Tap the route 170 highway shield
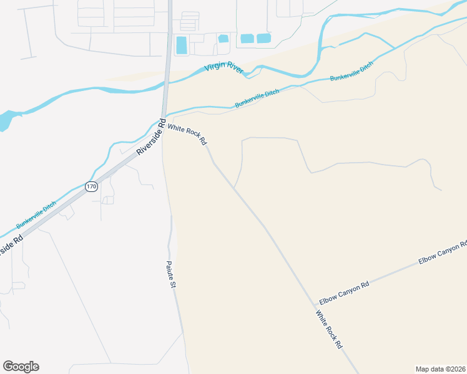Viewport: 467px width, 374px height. [92, 186]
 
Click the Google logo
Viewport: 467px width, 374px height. [21, 367]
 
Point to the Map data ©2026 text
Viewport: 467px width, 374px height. [441, 368]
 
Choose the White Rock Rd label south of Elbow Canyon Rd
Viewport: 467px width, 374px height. [329, 330]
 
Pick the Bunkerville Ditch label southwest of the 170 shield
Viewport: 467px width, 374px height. [36, 214]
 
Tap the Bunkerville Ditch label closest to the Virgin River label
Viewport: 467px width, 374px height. [257, 98]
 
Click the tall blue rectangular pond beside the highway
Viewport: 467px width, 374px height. [182, 45]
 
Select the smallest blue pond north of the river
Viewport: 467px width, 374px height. [223, 39]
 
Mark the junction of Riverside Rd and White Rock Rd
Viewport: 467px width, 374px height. [163, 117]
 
